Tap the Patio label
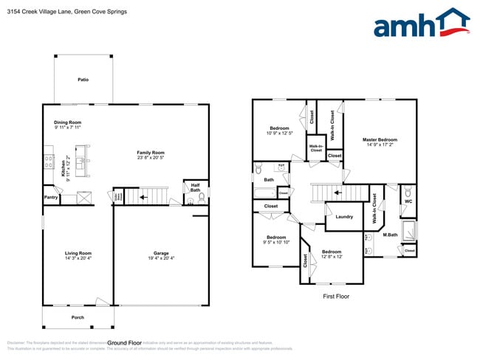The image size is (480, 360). tap(83, 79)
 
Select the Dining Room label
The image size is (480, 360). tap(67, 122)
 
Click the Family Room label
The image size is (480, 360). tap(150, 153)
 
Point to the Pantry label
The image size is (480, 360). tap(51, 198)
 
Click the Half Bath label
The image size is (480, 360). tap(195, 187)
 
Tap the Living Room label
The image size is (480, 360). tap(78, 253)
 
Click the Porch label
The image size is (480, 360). tap(78, 318)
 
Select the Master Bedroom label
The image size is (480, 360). tap(380, 139)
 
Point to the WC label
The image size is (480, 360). tap(408, 201)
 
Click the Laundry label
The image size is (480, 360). tap(344, 217)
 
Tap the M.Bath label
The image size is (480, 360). tap(391, 235)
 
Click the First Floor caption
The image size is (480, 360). tap(335, 297)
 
